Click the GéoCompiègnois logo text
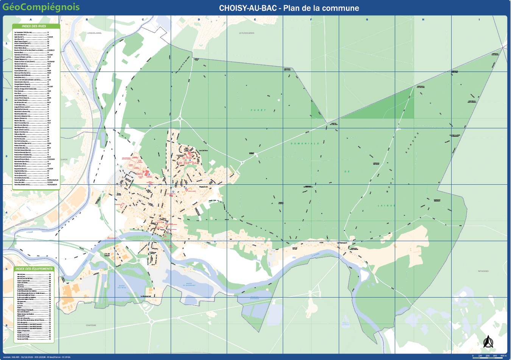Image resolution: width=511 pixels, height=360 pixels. pos(41,7)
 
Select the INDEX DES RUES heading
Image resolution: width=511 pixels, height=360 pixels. pos(34,26)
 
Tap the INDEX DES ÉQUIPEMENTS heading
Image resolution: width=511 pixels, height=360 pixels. pos(34,269)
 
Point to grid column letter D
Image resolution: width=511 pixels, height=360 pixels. pos(199,20)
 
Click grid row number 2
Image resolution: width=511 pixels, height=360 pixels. pos(6,100)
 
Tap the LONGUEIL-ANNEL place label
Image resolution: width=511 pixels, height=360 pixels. pos(95,33)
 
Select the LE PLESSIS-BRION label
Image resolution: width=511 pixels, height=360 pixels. pos(246,33)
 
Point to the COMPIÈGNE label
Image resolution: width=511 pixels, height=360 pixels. pos(91,325)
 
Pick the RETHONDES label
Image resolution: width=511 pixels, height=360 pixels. pos(483,271)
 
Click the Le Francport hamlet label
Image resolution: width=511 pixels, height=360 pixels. pos(342,243)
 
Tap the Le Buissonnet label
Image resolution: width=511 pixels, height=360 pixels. pos(146,296)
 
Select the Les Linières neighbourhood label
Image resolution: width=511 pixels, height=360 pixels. pos(203,150)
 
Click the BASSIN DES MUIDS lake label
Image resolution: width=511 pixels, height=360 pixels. pos(122,287)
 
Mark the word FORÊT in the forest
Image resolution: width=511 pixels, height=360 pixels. pos(258,110)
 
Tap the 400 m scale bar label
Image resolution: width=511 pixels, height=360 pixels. pos(503,356)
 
